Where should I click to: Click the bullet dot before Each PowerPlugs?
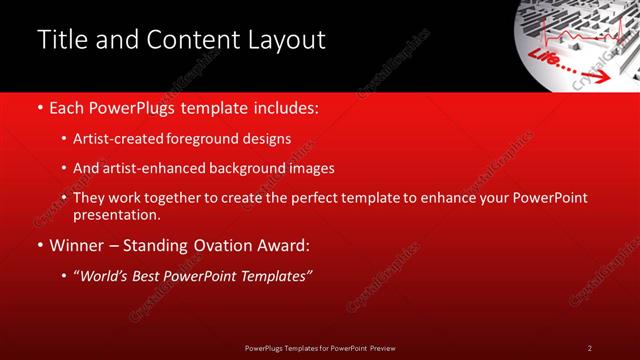[x=39, y=107]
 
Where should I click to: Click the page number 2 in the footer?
[x=589, y=347]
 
